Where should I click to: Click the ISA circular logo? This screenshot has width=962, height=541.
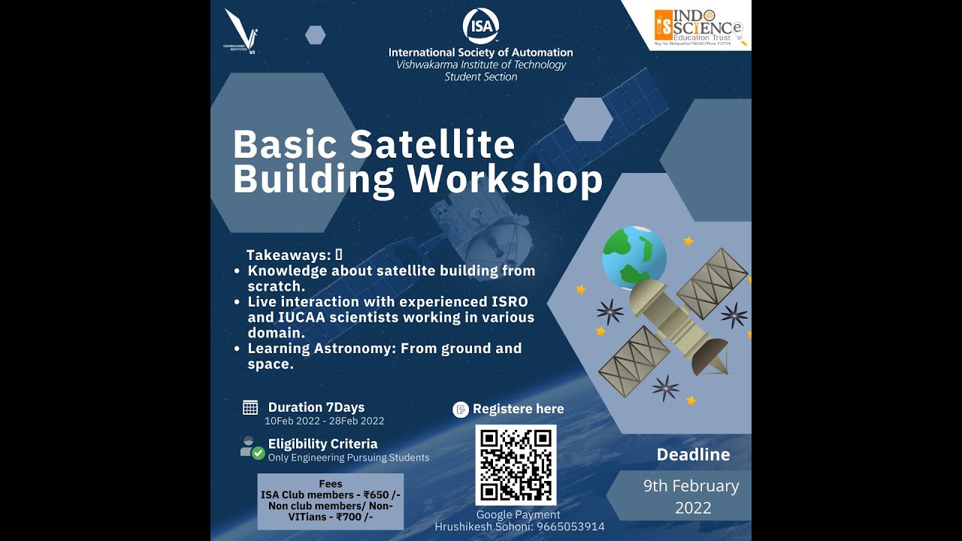[x=480, y=26]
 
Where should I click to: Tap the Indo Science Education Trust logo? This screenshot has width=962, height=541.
[x=698, y=26]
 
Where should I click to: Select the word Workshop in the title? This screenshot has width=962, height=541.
[x=505, y=180]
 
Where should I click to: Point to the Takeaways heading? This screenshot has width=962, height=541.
[x=289, y=255]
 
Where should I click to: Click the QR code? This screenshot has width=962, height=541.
[x=516, y=465]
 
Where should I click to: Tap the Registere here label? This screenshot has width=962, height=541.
[x=518, y=409]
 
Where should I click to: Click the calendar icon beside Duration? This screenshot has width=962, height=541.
[x=250, y=407]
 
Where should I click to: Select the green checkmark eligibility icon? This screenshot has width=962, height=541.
[x=258, y=453]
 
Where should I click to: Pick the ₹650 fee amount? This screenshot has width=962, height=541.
[x=381, y=494]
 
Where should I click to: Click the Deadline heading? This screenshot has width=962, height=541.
[x=693, y=455]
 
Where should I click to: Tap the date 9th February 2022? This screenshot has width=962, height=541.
[x=691, y=497]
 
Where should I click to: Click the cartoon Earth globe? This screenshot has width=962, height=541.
[x=634, y=258]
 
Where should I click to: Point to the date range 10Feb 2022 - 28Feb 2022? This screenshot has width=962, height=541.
[x=324, y=421]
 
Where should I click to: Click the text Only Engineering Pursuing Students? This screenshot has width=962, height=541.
[x=349, y=457]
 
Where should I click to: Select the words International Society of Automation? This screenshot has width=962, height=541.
[x=480, y=53]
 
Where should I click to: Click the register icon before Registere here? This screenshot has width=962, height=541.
[x=461, y=410]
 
